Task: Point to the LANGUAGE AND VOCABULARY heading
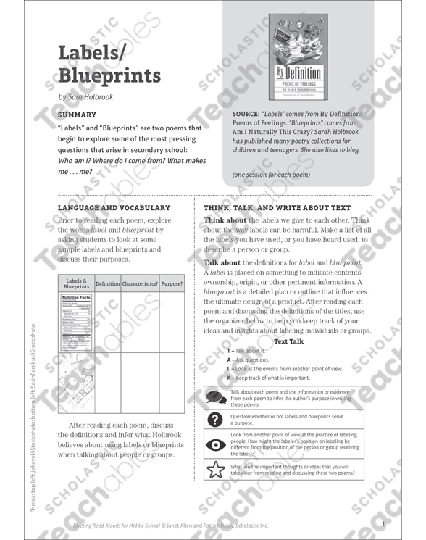[x=114, y=207]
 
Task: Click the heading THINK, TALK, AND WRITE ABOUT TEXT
[x=277, y=207]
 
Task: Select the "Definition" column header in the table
[x=107, y=284]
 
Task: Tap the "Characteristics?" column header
[x=140, y=284]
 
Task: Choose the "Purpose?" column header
[x=172, y=284]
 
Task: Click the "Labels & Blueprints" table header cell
[x=75, y=283]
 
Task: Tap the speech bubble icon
[x=216, y=396]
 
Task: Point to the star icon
[x=216, y=470]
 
